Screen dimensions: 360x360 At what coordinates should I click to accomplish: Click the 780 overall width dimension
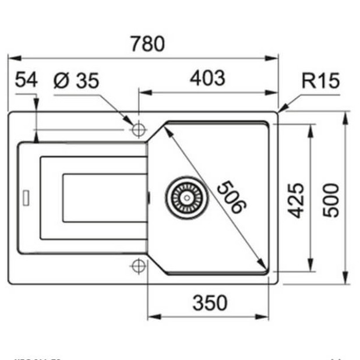(x=147, y=44)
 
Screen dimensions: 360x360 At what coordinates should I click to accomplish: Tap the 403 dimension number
(x=207, y=78)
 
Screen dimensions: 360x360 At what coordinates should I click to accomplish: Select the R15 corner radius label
(x=320, y=81)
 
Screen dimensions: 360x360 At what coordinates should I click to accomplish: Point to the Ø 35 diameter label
(x=76, y=81)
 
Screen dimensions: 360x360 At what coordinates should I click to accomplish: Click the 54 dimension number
(x=26, y=80)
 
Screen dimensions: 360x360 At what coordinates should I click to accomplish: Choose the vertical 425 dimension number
(x=298, y=200)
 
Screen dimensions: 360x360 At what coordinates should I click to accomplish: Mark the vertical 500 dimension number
(x=331, y=200)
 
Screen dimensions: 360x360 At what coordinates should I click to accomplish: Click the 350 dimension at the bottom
(x=209, y=303)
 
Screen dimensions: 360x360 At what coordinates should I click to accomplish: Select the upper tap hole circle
(x=138, y=129)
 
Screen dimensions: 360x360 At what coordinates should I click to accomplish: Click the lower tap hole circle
(x=138, y=266)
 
